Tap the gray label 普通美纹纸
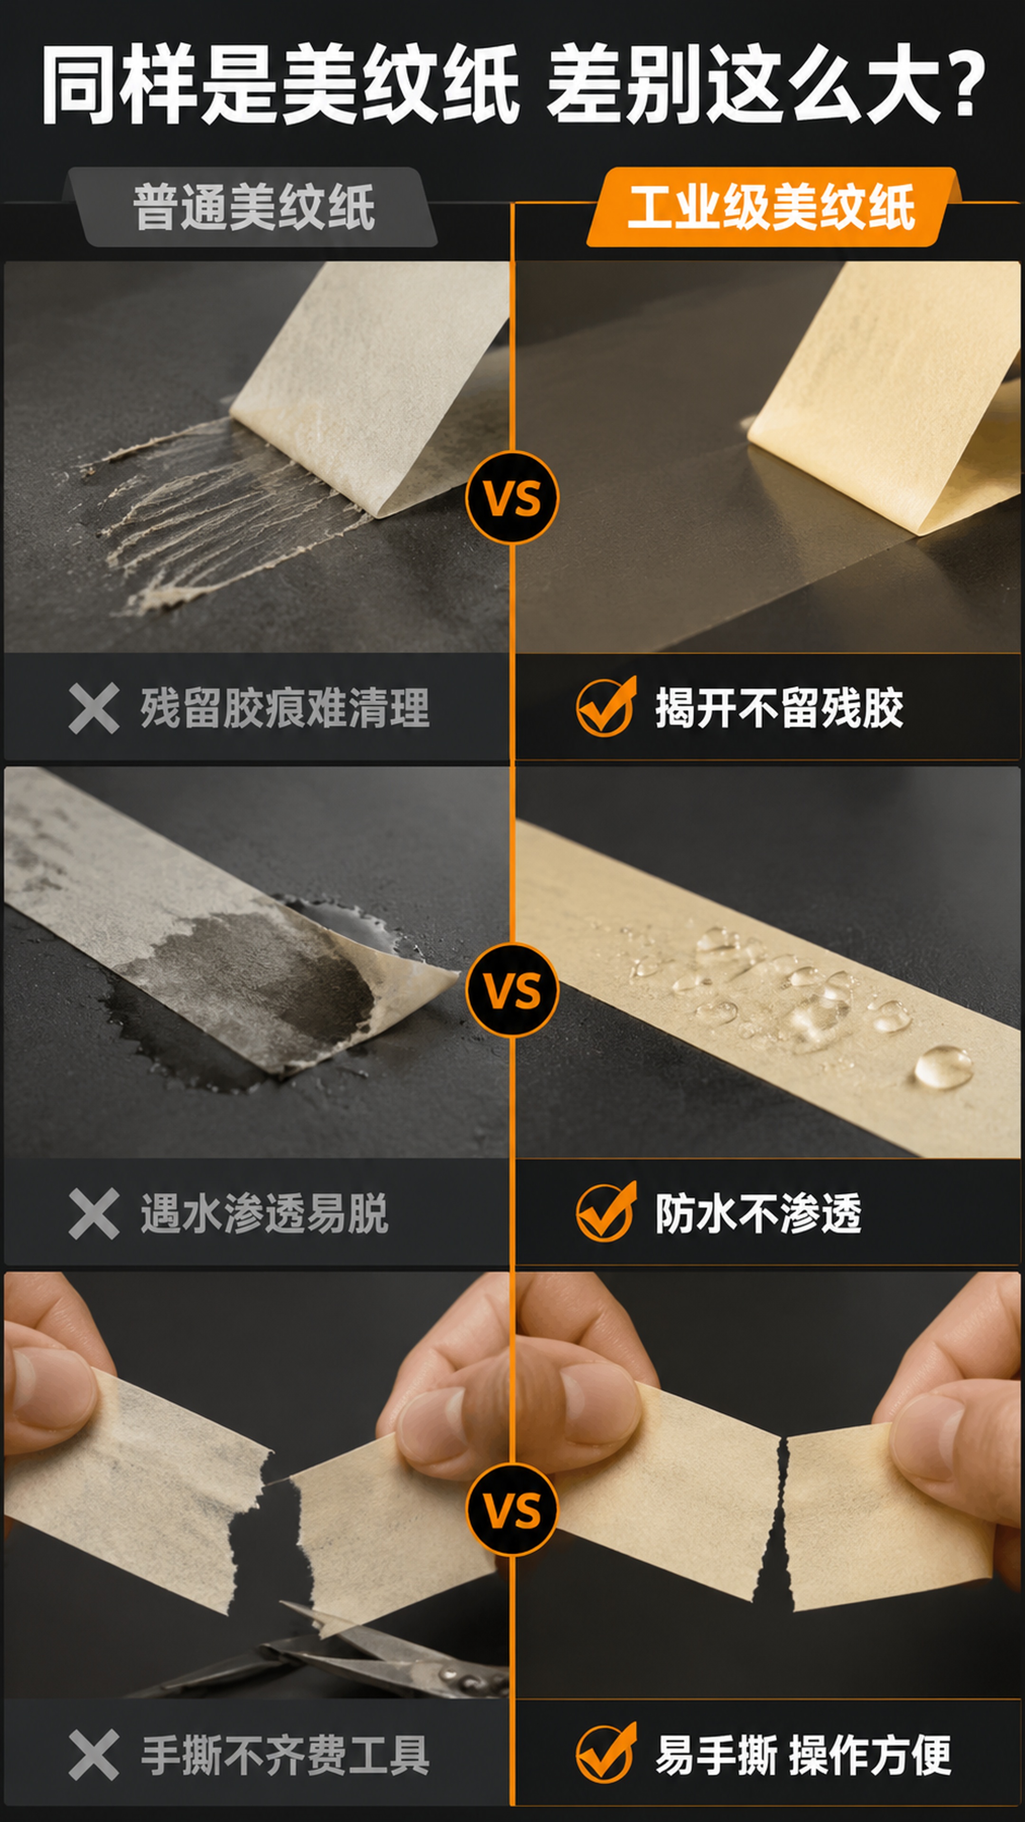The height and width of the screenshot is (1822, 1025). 253,207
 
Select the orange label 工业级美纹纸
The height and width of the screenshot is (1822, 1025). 771,207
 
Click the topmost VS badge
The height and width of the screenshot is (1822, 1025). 512,497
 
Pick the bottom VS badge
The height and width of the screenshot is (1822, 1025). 512,1509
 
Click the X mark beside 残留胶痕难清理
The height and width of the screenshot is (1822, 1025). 93,708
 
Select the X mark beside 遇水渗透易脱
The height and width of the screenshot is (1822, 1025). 93,1214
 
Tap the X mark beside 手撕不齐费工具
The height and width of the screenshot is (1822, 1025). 93,1754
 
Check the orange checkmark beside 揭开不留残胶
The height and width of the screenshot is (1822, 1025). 606,706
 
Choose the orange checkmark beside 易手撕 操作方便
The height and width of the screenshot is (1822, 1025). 606,1751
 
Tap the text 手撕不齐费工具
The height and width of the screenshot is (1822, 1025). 285,1754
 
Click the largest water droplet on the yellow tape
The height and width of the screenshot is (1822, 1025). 943,1067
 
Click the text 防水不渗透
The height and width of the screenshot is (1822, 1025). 758,1214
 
